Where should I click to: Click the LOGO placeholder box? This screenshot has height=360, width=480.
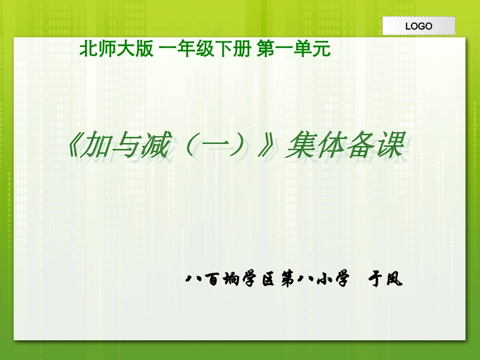pos(418,26)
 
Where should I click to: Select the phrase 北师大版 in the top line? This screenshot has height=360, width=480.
pos(116,49)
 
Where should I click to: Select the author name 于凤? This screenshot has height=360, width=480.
pos(386,279)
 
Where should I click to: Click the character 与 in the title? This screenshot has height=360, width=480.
pos(124,147)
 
